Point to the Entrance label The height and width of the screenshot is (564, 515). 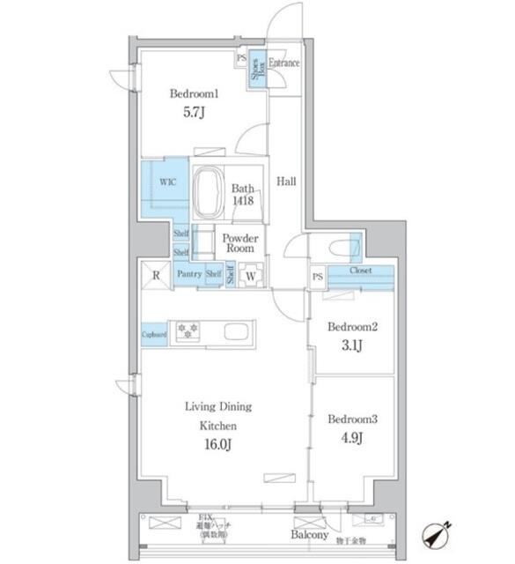click(x=284, y=63)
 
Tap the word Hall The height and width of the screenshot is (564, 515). click(x=286, y=182)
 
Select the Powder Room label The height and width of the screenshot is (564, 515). click(x=239, y=243)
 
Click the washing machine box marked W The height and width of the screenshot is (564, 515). click(x=250, y=276)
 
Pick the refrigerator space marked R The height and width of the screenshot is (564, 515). click(x=155, y=275)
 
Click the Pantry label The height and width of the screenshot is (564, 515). click(x=189, y=275)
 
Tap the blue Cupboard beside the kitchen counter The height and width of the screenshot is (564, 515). click(x=154, y=334)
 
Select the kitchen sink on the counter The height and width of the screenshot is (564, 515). click(x=239, y=332)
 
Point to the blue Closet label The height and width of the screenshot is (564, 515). click(x=360, y=271)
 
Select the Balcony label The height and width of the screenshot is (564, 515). click(x=310, y=535)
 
